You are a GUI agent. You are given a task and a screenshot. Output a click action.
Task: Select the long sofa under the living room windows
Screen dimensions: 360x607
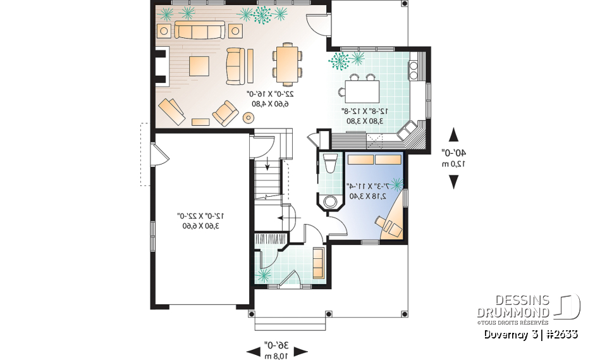(199, 30)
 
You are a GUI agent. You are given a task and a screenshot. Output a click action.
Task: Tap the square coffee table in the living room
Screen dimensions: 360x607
(199, 65)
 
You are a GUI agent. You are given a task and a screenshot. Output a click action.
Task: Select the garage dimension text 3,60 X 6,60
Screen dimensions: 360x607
(201, 225)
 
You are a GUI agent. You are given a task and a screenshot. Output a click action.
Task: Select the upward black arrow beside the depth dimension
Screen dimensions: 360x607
(453, 135)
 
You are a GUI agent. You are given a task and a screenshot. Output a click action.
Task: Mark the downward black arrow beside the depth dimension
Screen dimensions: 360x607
(453, 182)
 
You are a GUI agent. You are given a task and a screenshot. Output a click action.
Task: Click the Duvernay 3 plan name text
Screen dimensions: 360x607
(510, 335)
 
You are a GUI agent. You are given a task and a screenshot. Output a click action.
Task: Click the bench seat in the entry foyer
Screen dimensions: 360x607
(317, 262)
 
